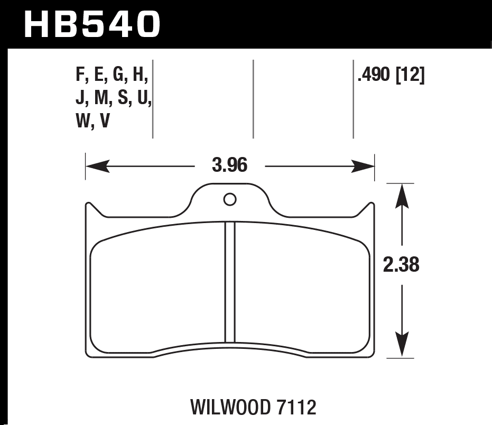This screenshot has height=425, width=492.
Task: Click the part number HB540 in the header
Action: tap(92, 24)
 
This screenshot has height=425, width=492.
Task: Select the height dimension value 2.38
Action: tap(402, 264)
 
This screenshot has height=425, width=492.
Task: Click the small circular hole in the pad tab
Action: tap(229, 199)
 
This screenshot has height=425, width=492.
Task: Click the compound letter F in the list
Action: tap(81, 77)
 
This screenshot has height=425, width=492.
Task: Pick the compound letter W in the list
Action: tap(83, 122)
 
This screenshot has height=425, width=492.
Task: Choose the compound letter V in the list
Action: tap(105, 122)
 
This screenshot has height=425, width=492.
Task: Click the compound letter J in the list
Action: tap(80, 99)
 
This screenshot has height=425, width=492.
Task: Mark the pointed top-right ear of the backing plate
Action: tap(372, 207)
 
